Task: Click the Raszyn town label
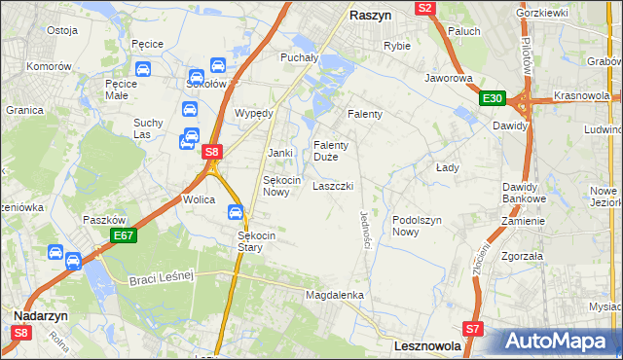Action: pyautogui.click(x=370, y=16)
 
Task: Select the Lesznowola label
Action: pyautogui.click(x=433, y=344)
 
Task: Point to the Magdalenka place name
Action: pyautogui.click(x=334, y=294)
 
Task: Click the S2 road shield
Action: pyautogui.click(x=424, y=8)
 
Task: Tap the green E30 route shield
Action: pyautogui.click(x=492, y=98)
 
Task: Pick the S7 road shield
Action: pyautogui.click(x=473, y=329)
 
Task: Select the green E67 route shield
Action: pyautogui.click(x=123, y=235)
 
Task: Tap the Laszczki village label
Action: pyautogui.click(x=332, y=185)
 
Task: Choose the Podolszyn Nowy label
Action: pyautogui.click(x=418, y=226)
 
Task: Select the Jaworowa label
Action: pyautogui.click(x=448, y=78)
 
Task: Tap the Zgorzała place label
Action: pyautogui.click(x=524, y=257)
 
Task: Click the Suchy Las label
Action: pyautogui.click(x=149, y=129)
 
